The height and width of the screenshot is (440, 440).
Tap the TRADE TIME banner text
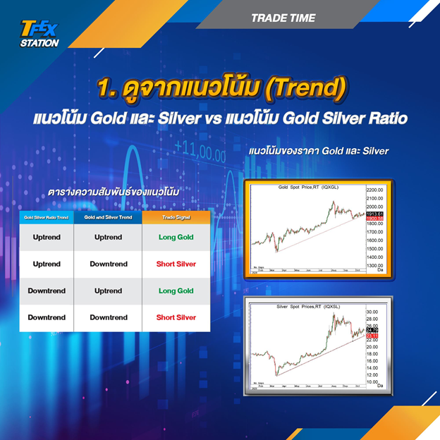(283, 18)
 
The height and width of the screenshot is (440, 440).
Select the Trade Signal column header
(176, 218)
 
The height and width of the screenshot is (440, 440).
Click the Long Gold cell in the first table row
(176, 238)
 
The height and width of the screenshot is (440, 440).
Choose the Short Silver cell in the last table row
(176, 317)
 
